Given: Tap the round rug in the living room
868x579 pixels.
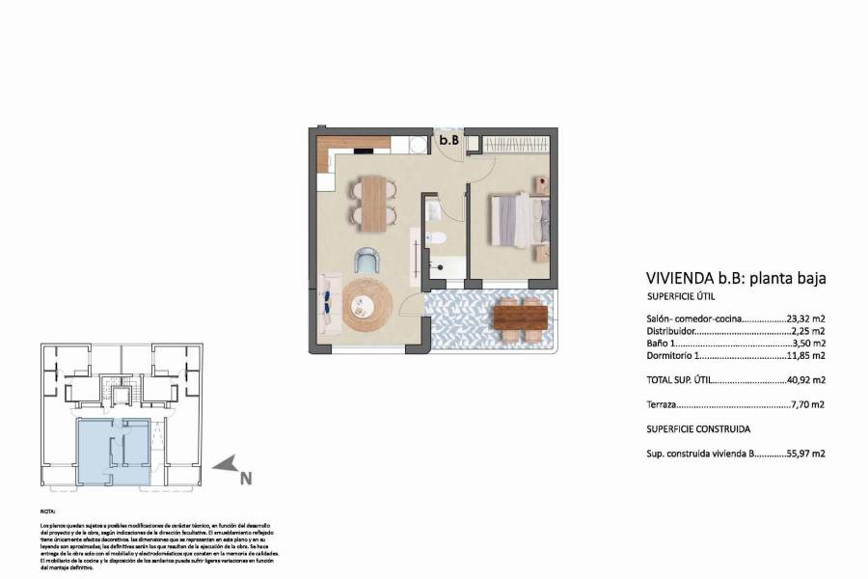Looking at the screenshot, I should pyautogui.click(x=366, y=306).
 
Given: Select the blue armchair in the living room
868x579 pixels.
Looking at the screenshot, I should pyautogui.click(x=367, y=260).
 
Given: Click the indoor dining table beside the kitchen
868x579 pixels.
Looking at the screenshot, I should pyautogui.click(x=371, y=203).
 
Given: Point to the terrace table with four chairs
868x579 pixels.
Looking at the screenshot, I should pyautogui.click(x=519, y=318).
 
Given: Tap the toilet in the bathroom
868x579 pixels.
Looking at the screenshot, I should pyautogui.click(x=435, y=239).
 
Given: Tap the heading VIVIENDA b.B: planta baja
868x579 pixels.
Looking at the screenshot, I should pyautogui.click(x=735, y=278).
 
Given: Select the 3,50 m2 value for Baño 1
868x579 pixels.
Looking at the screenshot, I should pyautogui.click(x=810, y=343).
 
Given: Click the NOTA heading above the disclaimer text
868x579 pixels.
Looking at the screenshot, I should pyautogui.click(x=48, y=511).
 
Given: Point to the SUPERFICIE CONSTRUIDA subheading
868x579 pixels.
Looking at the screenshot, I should pyautogui.click(x=698, y=428).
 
